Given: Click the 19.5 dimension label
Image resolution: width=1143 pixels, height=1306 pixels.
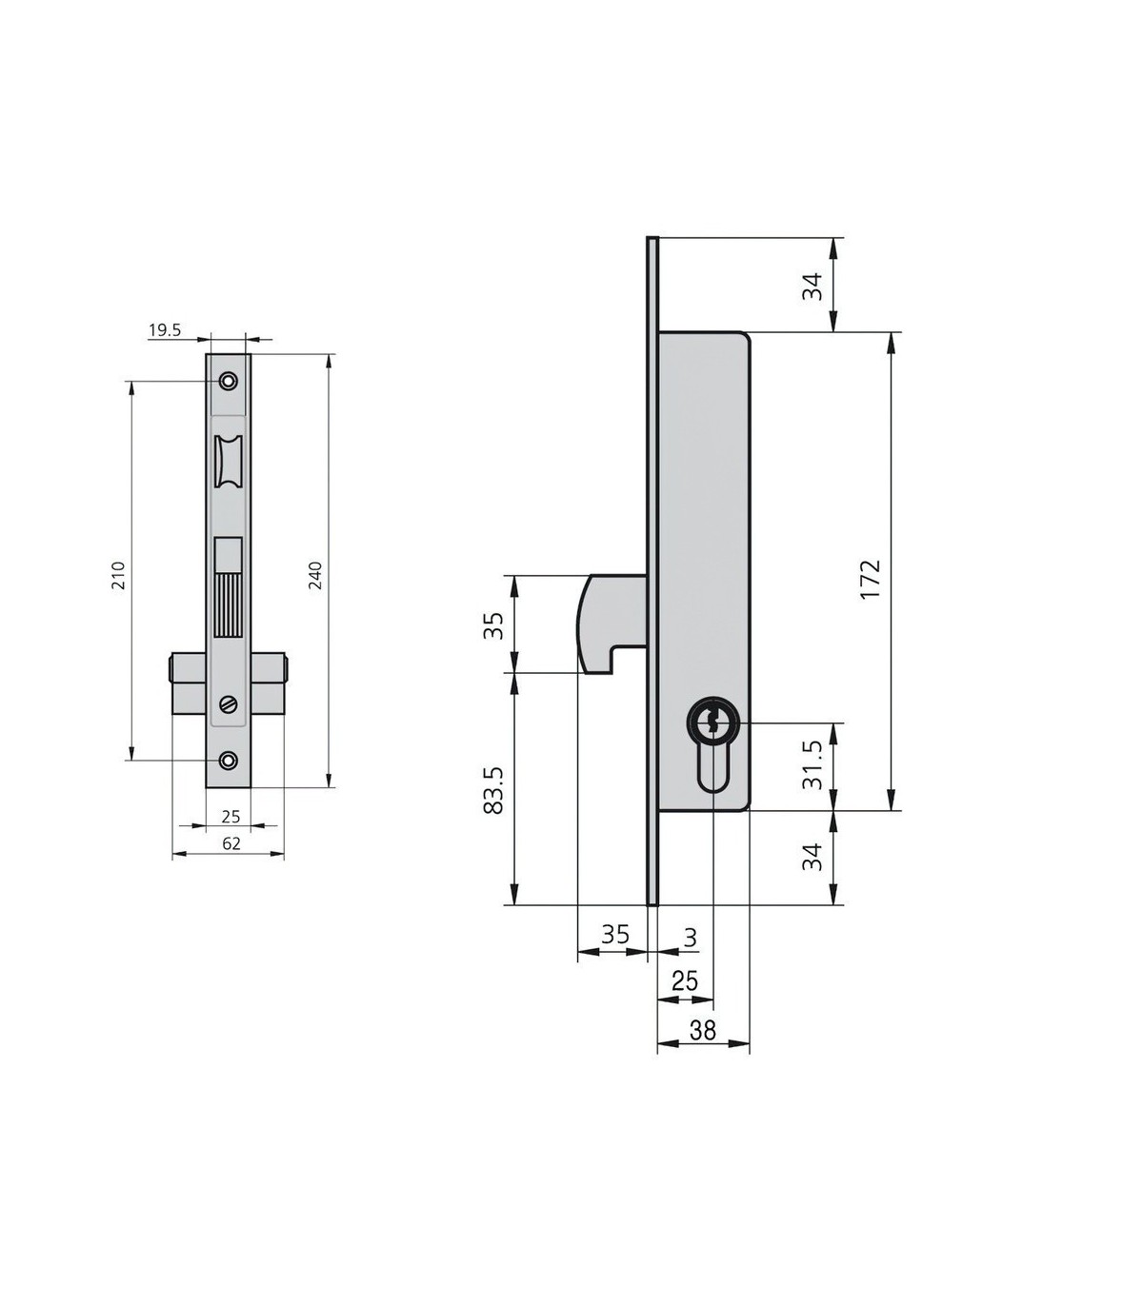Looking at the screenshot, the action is pyautogui.click(x=166, y=330).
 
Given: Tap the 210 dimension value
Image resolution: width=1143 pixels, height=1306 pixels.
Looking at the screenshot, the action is pyautogui.click(x=119, y=575).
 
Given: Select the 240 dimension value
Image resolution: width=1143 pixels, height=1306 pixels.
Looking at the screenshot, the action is pyautogui.click(x=315, y=575).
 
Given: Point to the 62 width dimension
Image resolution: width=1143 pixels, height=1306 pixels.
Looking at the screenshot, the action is pyautogui.click(x=231, y=843).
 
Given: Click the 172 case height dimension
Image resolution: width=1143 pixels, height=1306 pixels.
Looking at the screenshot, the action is pyautogui.click(x=871, y=580).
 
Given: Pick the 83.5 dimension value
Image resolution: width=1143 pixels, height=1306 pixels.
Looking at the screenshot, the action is pyautogui.click(x=494, y=790).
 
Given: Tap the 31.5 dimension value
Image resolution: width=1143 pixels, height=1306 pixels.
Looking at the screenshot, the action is pyautogui.click(x=812, y=765).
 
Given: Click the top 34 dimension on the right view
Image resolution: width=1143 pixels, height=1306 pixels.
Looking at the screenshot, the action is pyautogui.click(x=812, y=287).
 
